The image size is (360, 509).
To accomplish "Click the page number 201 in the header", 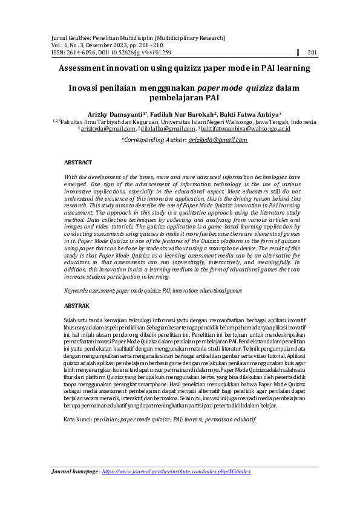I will (312, 53).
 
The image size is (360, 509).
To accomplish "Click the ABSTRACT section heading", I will (78, 163).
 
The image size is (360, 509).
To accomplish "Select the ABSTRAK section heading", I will (77, 306).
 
